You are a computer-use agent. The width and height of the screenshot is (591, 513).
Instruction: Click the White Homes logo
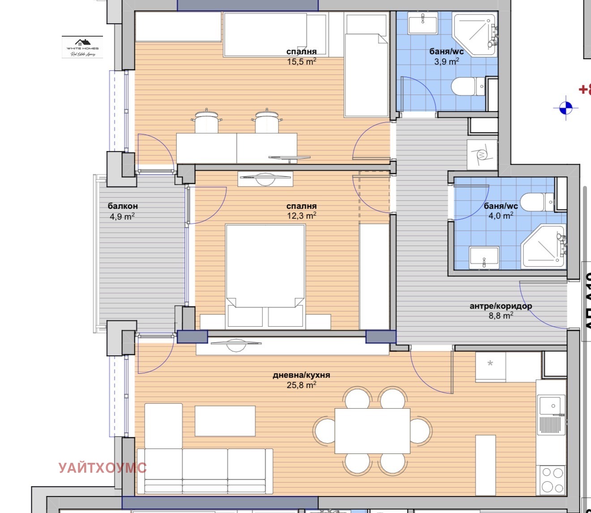click(x=82, y=47)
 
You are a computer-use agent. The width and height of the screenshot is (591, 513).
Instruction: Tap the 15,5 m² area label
click(x=301, y=61)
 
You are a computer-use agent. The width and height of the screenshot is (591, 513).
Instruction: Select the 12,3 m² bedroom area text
click(x=301, y=216)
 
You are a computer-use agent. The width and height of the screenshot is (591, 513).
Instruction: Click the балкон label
click(x=123, y=206)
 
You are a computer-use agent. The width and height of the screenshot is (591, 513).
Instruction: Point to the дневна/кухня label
click(x=301, y=375)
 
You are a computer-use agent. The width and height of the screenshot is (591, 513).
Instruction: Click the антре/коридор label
click(x=501, y=306)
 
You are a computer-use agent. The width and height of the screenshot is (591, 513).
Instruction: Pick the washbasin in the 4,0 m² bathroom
click(x=484, y=258)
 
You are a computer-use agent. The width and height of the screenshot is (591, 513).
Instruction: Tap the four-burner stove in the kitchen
click(x=552, y=480)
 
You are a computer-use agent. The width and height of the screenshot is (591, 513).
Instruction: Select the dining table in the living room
click(x=372, y=431)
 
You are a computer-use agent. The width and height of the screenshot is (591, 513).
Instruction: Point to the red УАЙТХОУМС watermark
click(x=103, y=468)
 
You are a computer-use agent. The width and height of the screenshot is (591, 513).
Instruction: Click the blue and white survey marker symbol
click(x=565, y=108)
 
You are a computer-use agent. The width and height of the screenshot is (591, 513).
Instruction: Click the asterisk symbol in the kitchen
click(x=490, y=364)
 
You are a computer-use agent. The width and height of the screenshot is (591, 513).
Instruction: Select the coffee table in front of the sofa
click(x=225, y=421)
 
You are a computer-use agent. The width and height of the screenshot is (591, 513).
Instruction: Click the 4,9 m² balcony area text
click(x=122, y=216)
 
